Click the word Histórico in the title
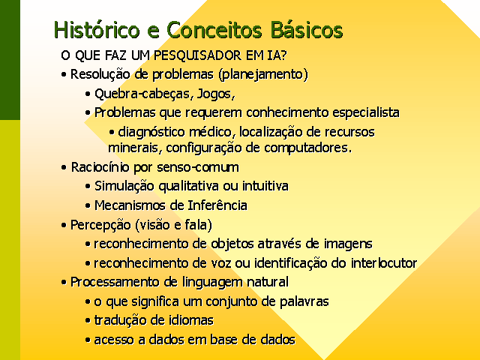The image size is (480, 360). pos(97,30)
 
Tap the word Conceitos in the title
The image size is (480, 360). pos(214,30)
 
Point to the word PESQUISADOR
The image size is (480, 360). pos(198,55)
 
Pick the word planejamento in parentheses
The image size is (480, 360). pos(263,74)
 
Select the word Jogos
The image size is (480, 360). pos(215,94)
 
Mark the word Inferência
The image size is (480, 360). pos(217,205)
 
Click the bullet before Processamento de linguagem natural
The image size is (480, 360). pos(64,282)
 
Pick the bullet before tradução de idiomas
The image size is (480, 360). pos(88,321)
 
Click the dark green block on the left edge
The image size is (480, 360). pos(10,60)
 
